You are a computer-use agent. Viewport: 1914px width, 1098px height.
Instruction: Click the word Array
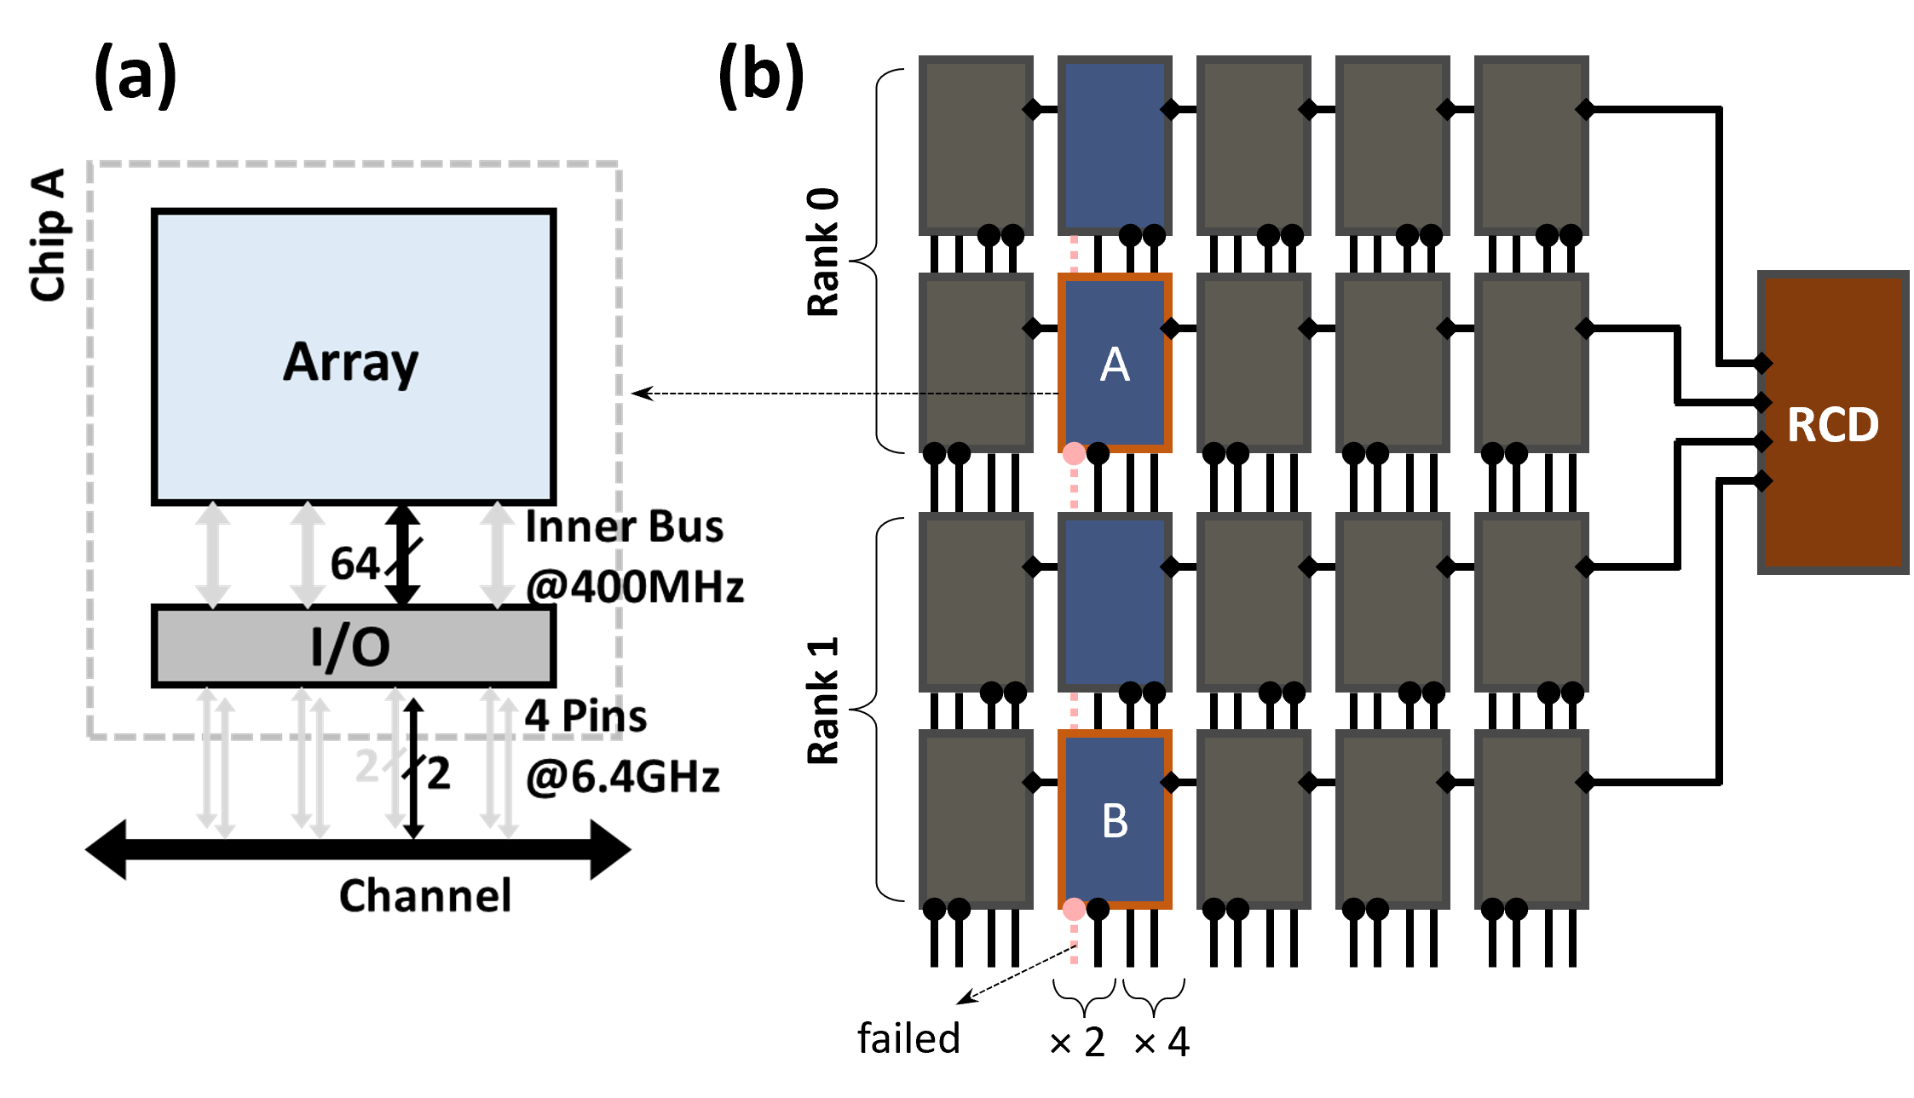(351, 362)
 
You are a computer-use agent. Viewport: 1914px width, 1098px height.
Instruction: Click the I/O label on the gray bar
(351, 647)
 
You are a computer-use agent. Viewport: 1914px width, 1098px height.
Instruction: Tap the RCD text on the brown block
(1832, 424)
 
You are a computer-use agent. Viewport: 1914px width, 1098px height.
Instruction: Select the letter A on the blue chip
(1115, 365)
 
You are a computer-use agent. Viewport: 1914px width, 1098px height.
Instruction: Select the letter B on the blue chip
(1115, 821)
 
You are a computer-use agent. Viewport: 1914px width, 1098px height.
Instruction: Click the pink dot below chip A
(1074, 453)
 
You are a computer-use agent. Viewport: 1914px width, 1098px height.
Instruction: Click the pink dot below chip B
(1074, 910)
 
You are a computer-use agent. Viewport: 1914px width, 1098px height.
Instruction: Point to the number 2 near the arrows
(366, 765)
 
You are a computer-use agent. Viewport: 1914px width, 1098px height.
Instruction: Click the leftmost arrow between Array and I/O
(213, 555)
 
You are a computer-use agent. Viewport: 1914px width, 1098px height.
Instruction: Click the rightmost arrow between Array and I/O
(498, 555)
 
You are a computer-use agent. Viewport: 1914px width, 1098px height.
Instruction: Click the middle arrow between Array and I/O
(308, 555)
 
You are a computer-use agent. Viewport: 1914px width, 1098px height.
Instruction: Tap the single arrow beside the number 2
(395, 758)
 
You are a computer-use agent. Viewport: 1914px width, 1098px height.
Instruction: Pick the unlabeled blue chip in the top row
(1115, 145)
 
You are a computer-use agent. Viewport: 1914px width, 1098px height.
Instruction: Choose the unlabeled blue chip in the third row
(1115, 601)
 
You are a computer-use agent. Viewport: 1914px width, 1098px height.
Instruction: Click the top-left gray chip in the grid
(976, 145)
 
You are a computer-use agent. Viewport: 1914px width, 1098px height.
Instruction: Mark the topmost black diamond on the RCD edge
(1763, 364)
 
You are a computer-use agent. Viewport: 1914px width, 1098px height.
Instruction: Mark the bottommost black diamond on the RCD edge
(1763, 481)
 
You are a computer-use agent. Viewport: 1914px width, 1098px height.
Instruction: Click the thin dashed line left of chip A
(989, 394)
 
